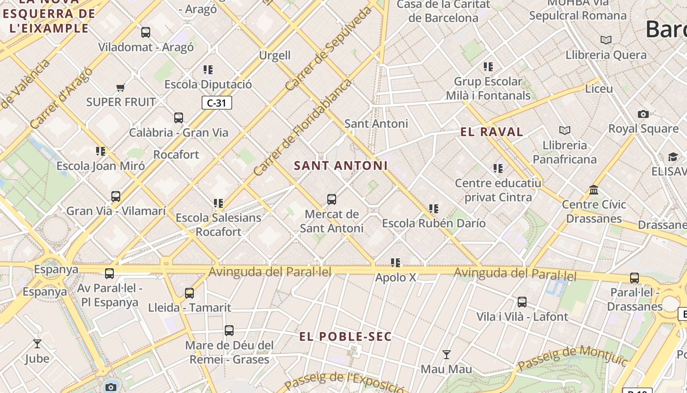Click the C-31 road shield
[216, 103]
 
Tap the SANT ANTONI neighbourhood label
[341, 166]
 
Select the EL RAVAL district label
[492, 132]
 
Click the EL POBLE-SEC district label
[345, 337]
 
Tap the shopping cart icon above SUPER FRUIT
[120, 88]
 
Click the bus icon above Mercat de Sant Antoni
[332, 199]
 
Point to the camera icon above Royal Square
[643, 114]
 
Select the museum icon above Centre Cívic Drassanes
[594, 190]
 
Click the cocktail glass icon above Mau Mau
[446, 354]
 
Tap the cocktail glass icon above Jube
[37, 343]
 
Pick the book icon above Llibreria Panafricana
[565, 130]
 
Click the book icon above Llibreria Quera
[606, 40]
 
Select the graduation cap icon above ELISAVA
[673, 157]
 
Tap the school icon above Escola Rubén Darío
[434, 209]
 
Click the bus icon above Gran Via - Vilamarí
[116, 196]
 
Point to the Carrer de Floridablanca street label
[302, 127]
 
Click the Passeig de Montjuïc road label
[572, 358]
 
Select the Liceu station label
[599, 89]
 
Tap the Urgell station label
[275, 55]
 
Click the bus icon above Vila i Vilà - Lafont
[522, 302]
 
